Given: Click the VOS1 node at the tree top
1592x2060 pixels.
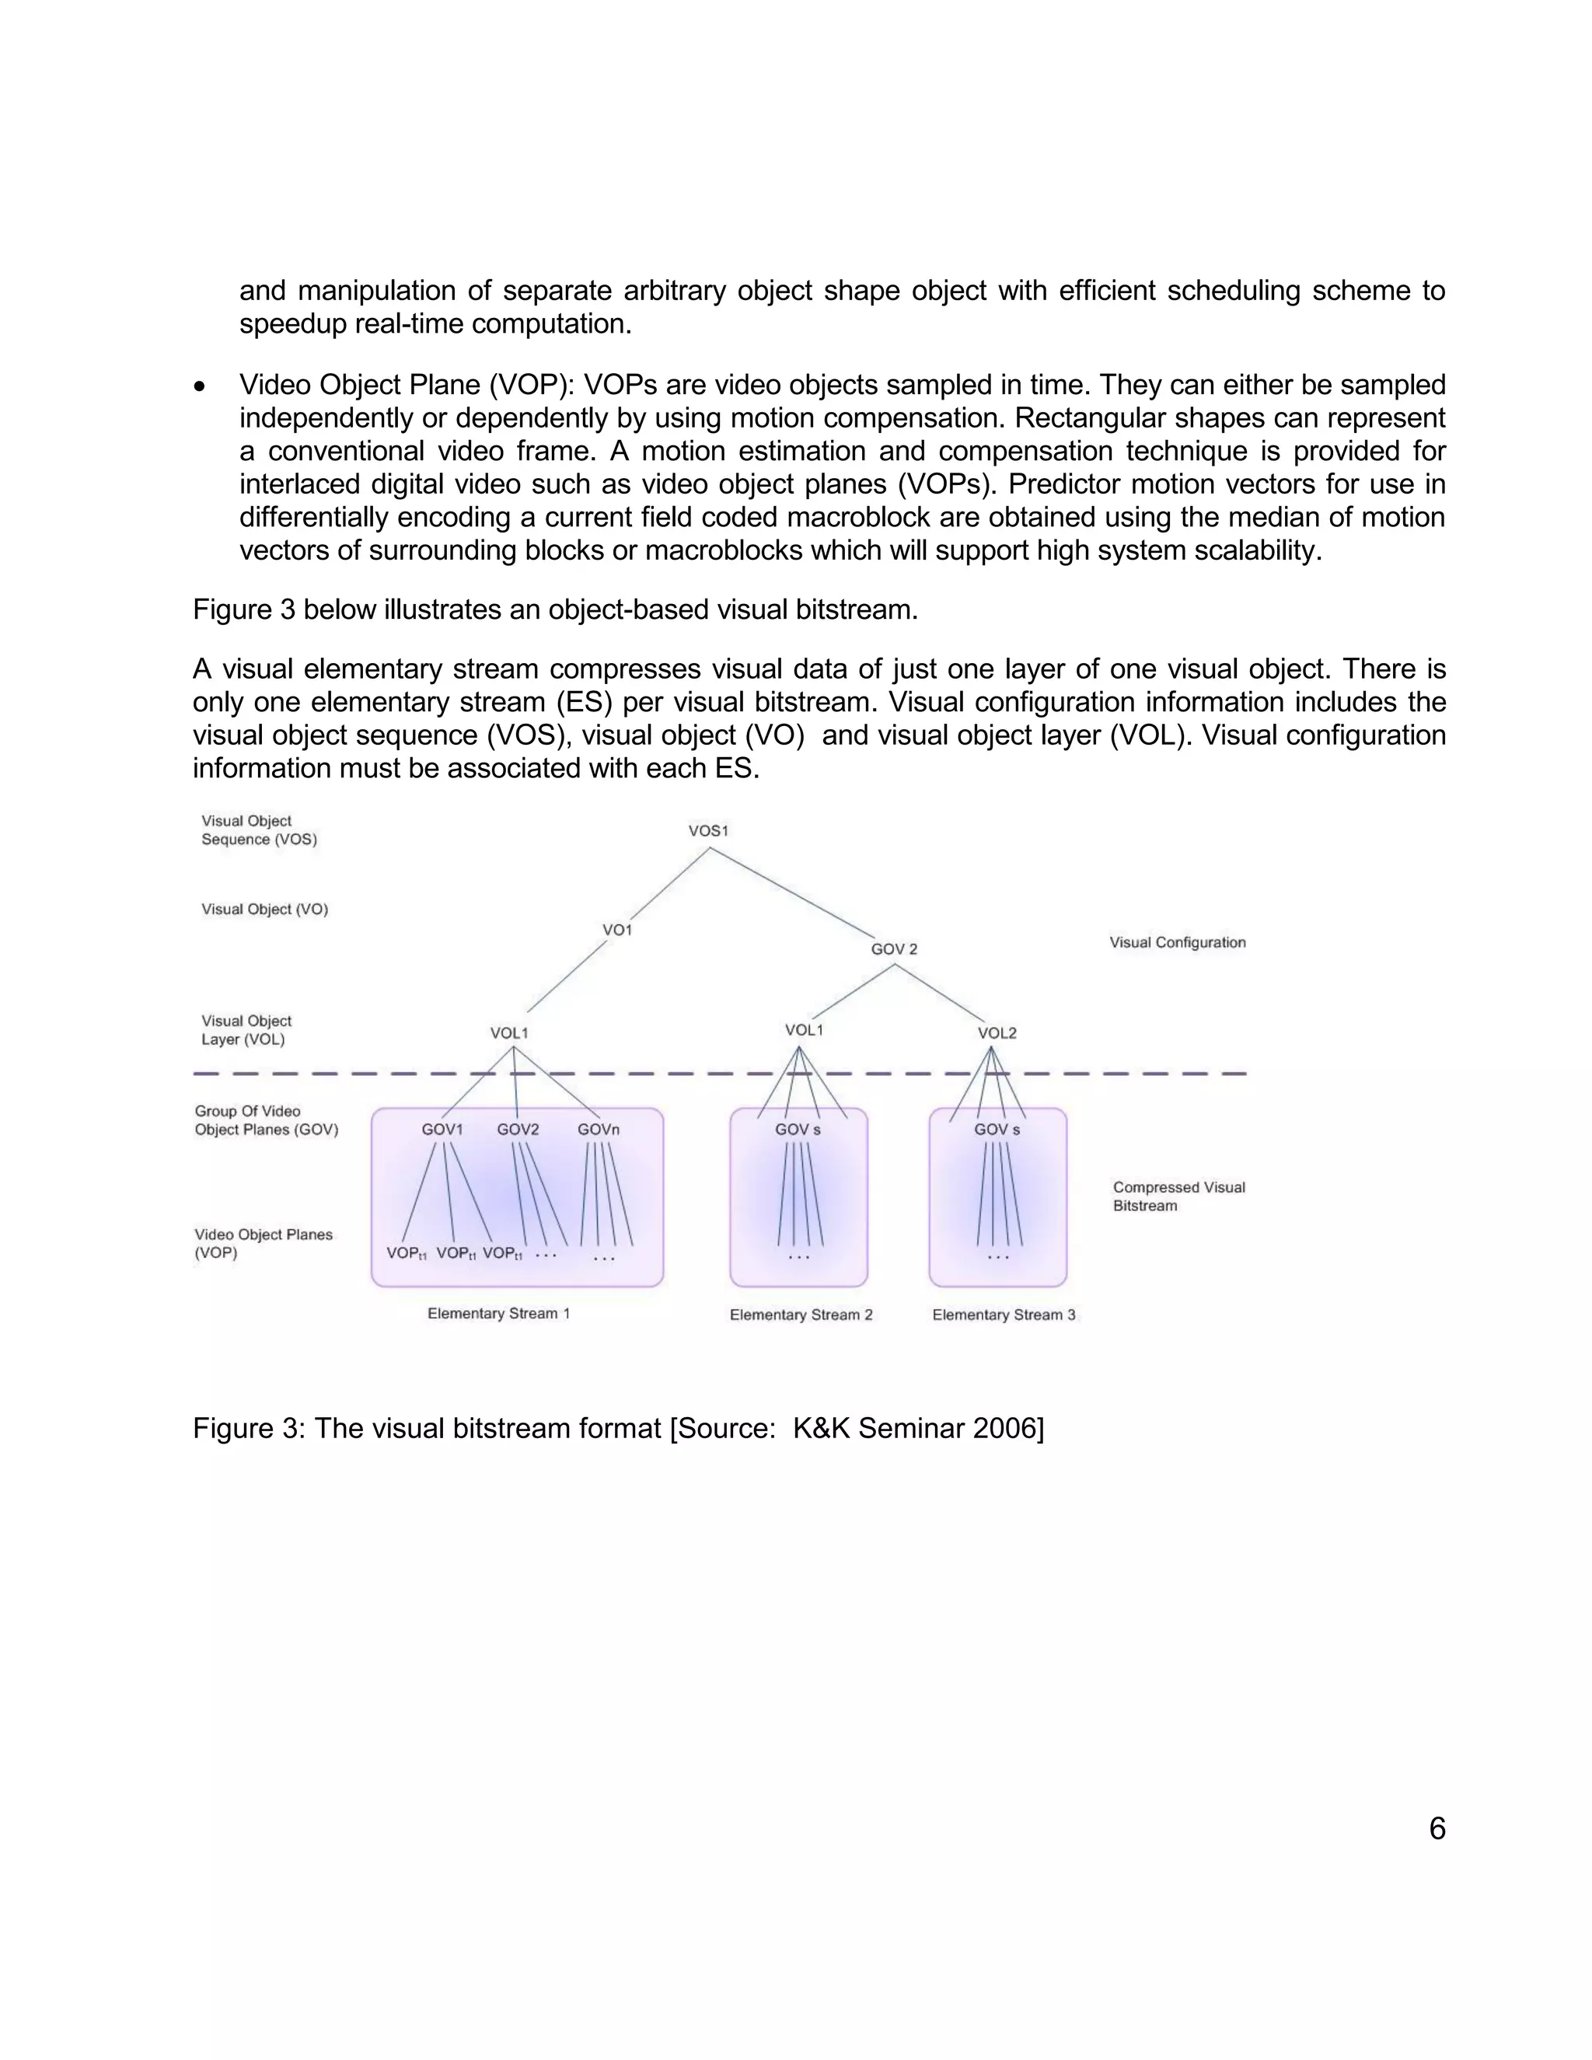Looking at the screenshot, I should (x=708, y=831).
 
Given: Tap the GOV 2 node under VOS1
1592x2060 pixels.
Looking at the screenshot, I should (x=893, y=949).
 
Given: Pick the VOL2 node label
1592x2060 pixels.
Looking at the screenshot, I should (x=997, y=1033).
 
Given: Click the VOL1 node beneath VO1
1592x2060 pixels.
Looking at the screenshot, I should (x=508, y=1033).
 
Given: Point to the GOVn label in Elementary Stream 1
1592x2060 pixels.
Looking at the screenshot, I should (x=598, y=1129).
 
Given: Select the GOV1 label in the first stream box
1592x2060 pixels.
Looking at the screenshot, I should (x=442, y=1129).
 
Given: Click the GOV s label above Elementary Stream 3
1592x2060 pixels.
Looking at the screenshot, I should (x=997, y=1129).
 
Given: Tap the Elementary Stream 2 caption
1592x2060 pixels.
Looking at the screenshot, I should (x=801, y=1315).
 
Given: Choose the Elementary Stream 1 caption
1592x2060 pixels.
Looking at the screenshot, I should (x=498, y=1313).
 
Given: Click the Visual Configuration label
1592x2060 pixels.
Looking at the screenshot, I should (x=1177, y=942).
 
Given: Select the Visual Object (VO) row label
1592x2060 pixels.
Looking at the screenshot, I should (x=264, y=910).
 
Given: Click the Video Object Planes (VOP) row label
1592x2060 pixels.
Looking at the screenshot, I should (x=264, y=1243).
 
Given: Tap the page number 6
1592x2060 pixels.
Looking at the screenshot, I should (x=1437, y=1829).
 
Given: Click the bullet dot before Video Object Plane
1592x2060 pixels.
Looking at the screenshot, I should (x=199, y=386).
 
